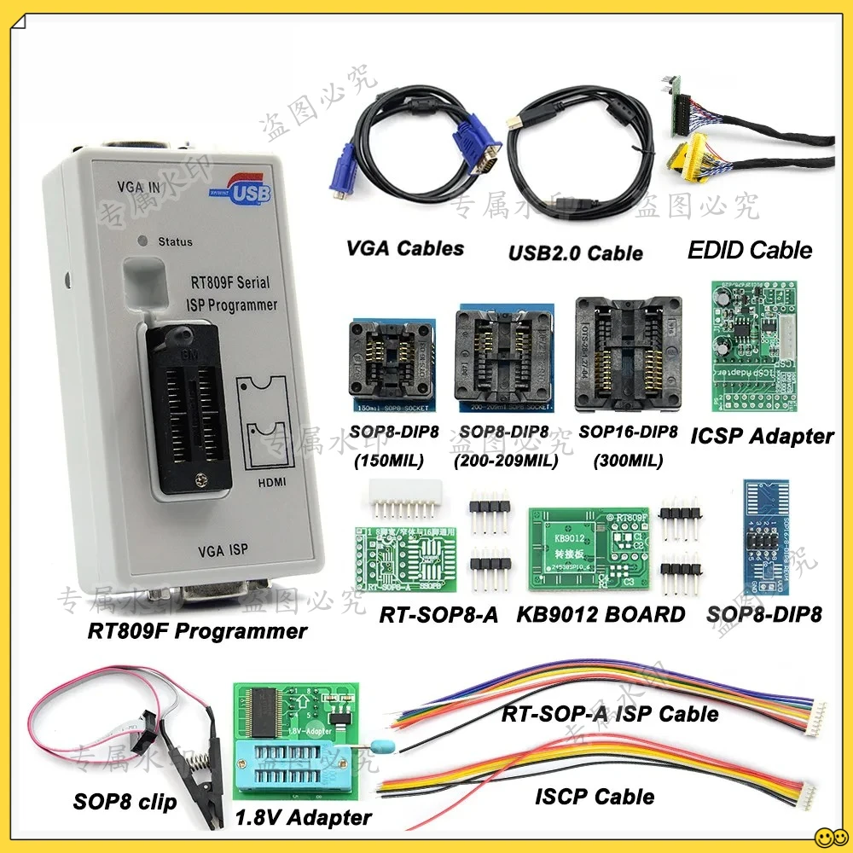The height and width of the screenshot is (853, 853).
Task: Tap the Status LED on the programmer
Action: point(146,241)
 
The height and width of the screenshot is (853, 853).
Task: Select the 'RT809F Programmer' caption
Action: point(197,632)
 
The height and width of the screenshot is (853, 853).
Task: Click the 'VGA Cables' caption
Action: point(405,248)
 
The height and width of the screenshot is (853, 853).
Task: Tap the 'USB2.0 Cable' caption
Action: point(576,252)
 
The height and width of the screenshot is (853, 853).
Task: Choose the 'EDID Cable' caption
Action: point(751,250)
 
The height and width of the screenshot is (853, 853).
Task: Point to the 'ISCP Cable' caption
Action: point(595,797)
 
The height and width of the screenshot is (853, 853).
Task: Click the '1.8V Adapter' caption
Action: point(303,817)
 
